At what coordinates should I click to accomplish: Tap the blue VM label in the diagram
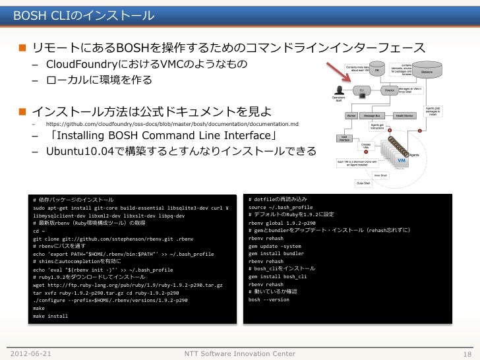402,160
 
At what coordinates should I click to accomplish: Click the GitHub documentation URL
171,125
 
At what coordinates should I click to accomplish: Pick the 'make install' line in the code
50,316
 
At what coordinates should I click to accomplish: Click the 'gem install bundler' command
276,253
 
